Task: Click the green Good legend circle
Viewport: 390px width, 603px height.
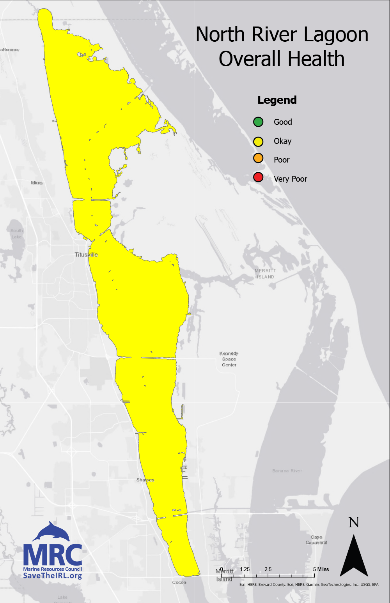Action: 258,122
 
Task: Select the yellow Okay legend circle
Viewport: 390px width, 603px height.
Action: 258,141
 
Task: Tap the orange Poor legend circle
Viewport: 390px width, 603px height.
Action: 258,158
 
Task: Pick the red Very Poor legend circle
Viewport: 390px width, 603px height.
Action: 258,177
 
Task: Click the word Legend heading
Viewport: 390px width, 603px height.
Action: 277,100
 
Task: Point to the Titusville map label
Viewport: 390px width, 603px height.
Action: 86,255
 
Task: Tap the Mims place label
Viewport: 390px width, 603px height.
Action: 37,182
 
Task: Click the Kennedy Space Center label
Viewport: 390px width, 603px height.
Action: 229,359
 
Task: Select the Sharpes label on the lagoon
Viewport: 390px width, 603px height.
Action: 145,480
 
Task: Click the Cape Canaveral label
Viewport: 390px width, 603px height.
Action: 316,540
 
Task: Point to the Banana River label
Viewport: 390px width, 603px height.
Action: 287,471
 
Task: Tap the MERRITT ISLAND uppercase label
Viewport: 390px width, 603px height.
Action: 265,274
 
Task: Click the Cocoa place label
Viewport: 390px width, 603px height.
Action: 179,582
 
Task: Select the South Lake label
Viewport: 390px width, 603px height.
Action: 17,233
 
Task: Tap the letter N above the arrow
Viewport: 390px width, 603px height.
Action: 354,522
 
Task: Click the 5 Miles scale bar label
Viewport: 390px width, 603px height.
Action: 321,569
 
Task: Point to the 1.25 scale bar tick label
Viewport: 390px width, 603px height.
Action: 245,569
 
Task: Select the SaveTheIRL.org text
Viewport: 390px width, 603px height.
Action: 53,576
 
